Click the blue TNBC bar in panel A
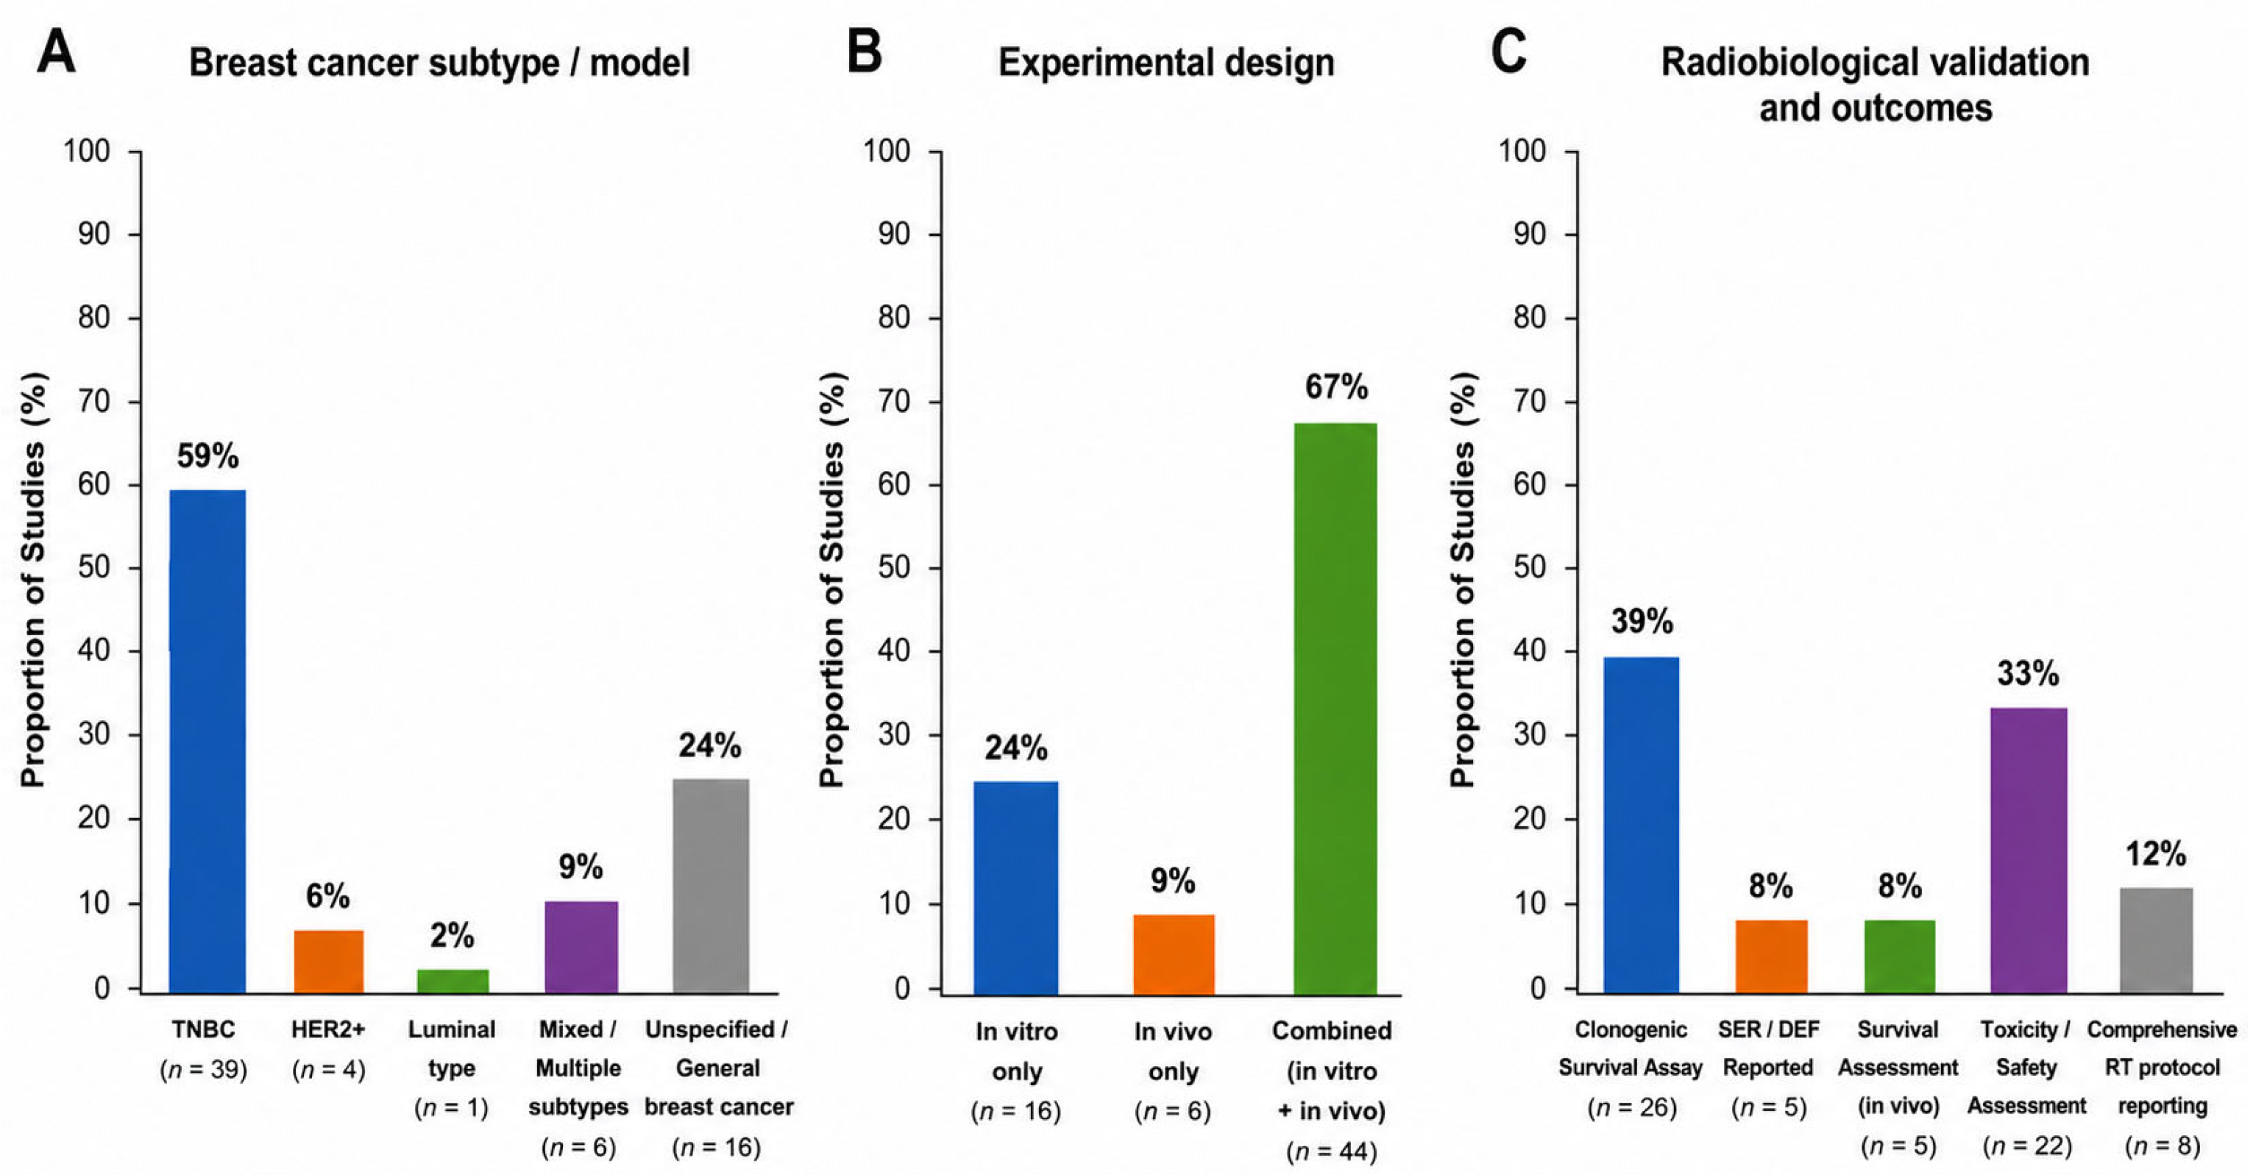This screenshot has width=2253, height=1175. tap(207, 742)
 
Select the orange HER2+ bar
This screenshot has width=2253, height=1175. tap(328, 962)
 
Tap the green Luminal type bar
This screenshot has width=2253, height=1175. tap(453, 981)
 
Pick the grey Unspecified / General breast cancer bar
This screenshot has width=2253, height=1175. tap(710, 886)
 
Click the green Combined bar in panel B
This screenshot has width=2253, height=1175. tap(1335, 708)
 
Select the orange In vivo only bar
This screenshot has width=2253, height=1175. tap(1174, 954)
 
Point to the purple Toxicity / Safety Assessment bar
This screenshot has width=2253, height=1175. tap(2029, 851)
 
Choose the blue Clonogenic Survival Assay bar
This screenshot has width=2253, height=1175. tap(1641, 826)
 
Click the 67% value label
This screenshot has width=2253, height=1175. tap(1335, 386)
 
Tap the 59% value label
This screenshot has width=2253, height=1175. tap(207, 455)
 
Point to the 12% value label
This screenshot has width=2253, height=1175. tap(2156, 853)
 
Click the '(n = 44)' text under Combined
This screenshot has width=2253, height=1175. tap(1331, 1151)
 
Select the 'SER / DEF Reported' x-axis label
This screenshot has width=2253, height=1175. tap(1768, 1048)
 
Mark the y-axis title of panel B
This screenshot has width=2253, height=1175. tap(834, 579)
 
